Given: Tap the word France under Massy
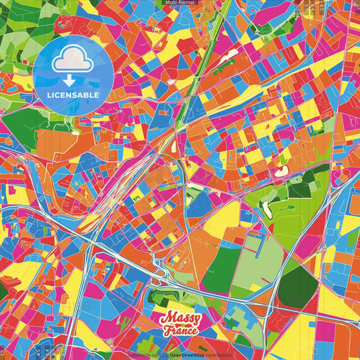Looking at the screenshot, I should (x=180, y=330).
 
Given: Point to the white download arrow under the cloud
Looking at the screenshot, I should (x=71, y=79).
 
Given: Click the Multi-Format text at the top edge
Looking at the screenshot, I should (x=180, y=3).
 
